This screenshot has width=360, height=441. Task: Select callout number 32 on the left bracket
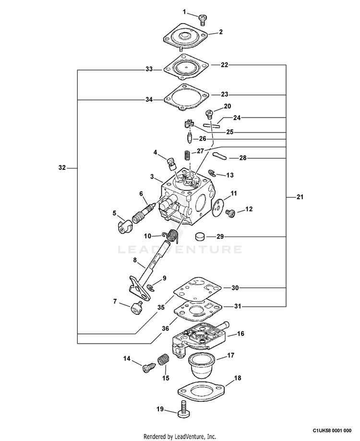coord(61,168)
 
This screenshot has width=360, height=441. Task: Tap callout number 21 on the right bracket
coord(300,197)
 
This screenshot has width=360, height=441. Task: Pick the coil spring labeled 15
coord(164,360)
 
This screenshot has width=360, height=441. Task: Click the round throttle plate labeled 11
coord(220,204)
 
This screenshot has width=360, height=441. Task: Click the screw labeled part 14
coord(147,368)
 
